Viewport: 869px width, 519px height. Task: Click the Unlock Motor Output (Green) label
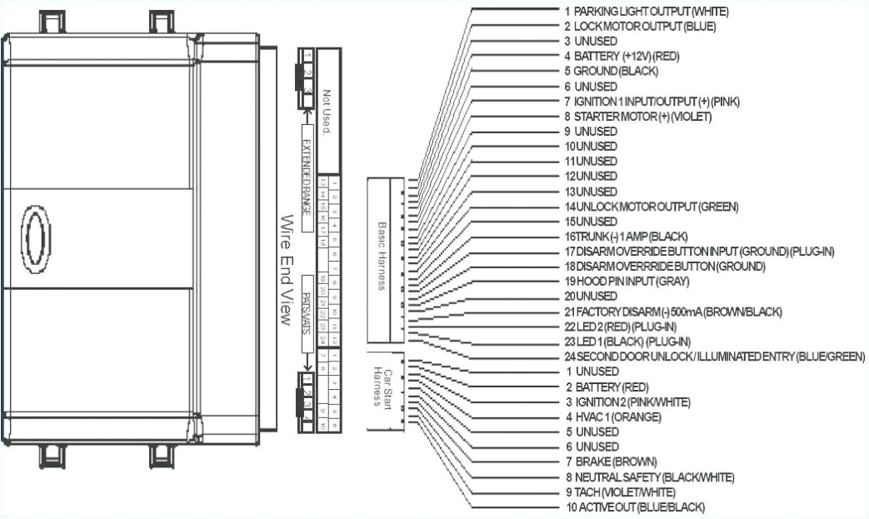[651, 206]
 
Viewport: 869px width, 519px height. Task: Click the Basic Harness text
[382, 256]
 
